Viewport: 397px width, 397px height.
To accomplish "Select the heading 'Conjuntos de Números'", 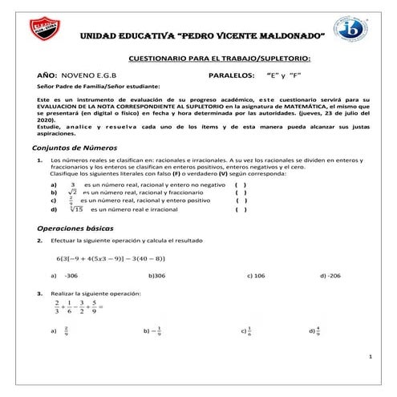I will (73, 148).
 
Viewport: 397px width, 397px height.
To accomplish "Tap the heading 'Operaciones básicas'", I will (71, 229).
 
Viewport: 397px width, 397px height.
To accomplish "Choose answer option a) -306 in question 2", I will (65, 275).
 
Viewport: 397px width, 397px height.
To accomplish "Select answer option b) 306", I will (156, 275).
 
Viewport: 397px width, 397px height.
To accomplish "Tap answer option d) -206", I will (330, 275).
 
